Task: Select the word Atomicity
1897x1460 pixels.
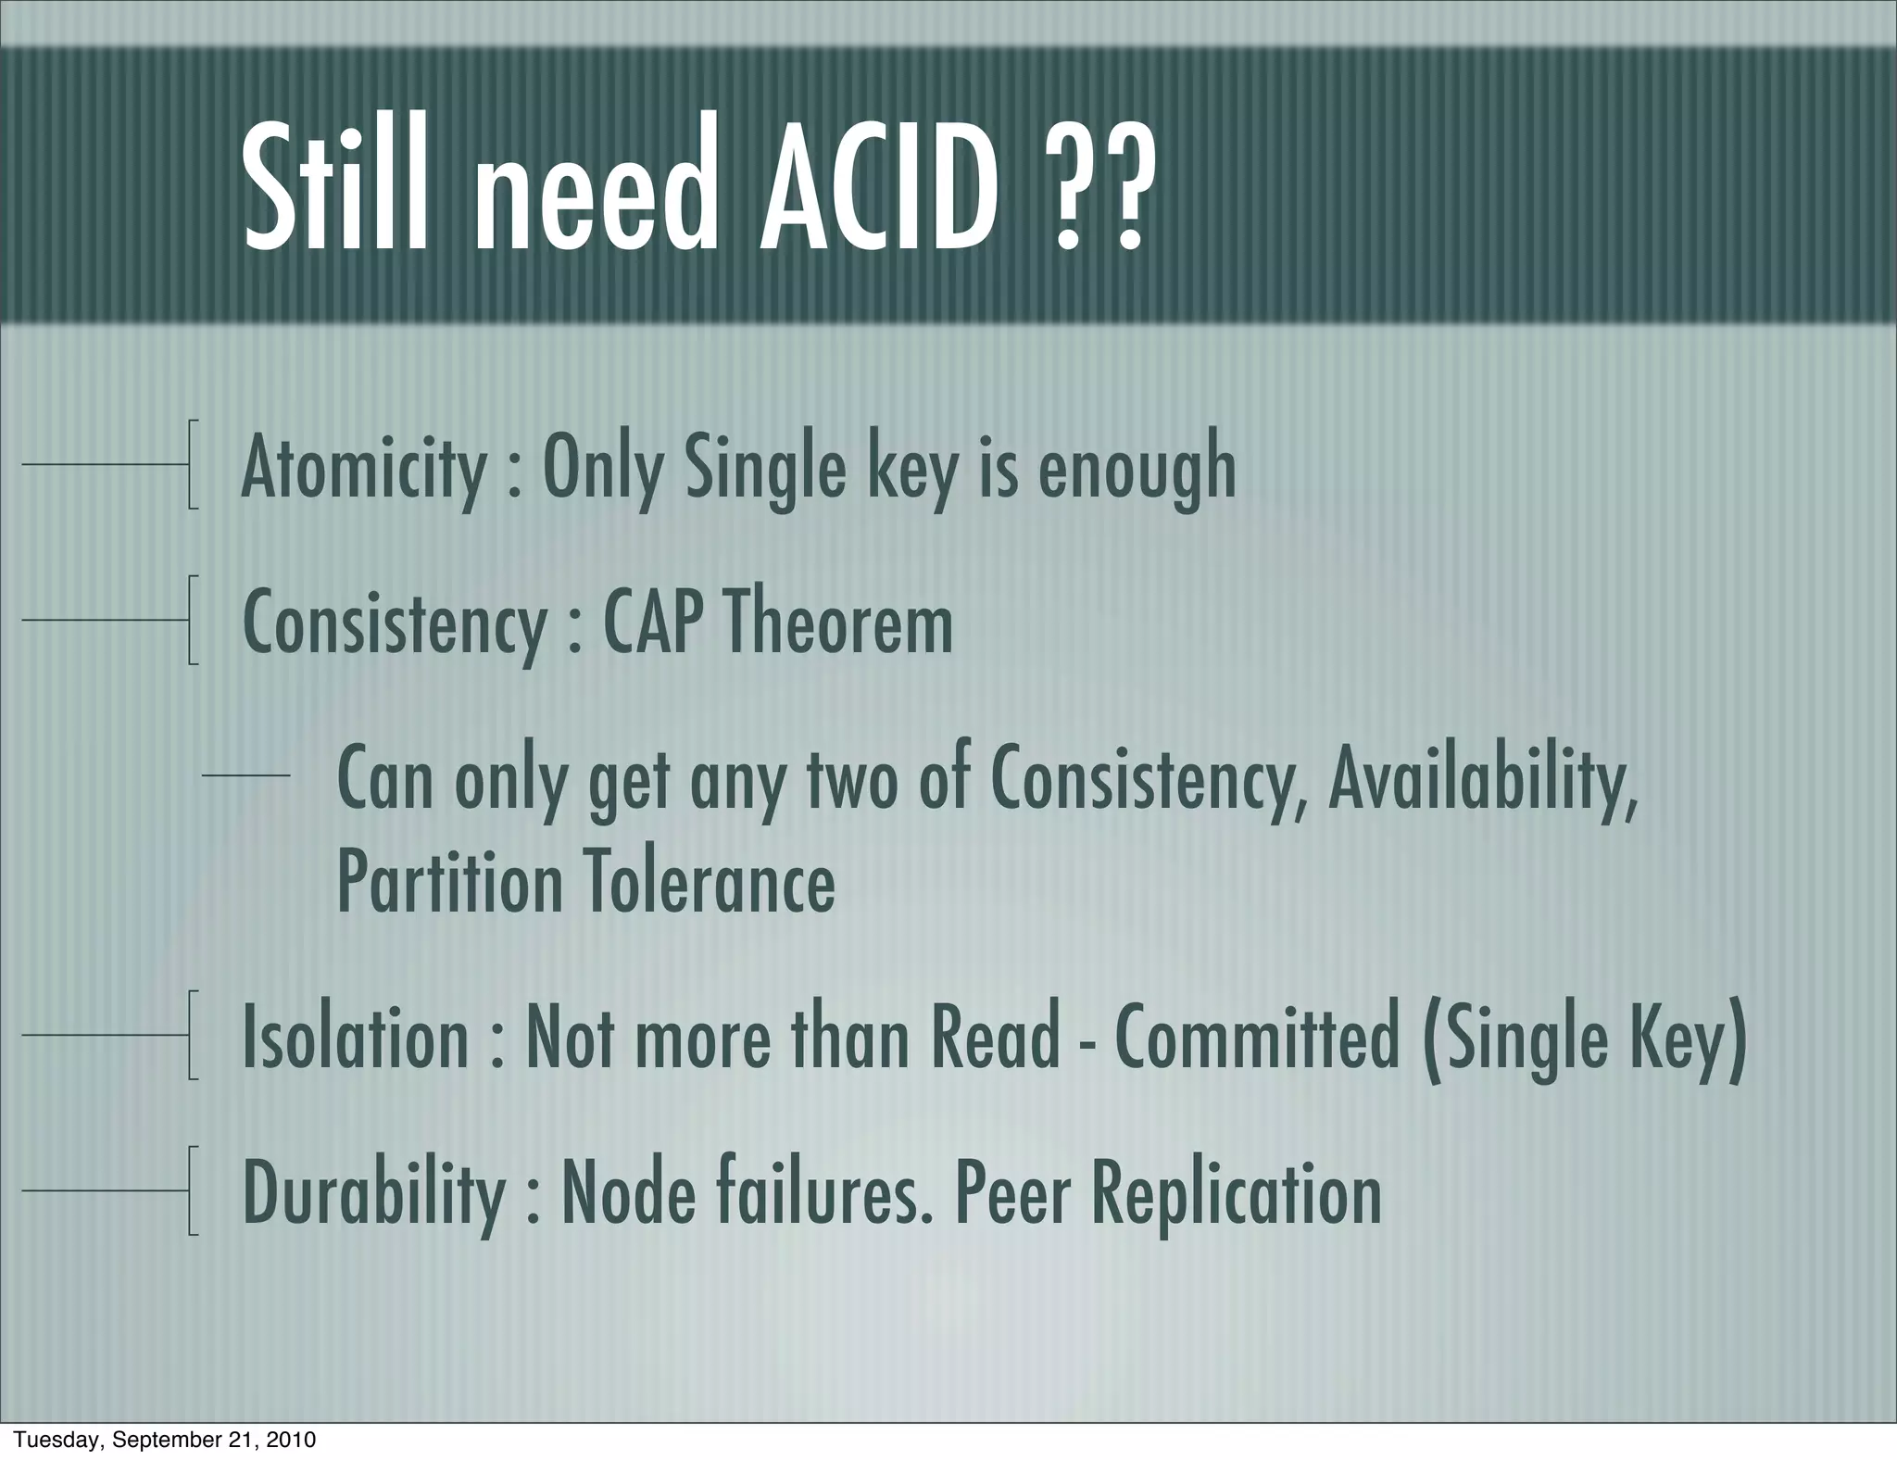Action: tap(363, 468)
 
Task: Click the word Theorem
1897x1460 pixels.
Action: tap(838, 623)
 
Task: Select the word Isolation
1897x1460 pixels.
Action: tap(356, 1038)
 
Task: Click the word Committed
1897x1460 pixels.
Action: tap(1258, 1038)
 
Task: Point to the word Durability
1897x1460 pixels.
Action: tap(373, 1194)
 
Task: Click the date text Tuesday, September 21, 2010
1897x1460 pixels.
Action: tap(164, 1440)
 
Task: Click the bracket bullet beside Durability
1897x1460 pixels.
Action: tap(192, 1190)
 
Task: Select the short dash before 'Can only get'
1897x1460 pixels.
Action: tap(245, 774)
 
